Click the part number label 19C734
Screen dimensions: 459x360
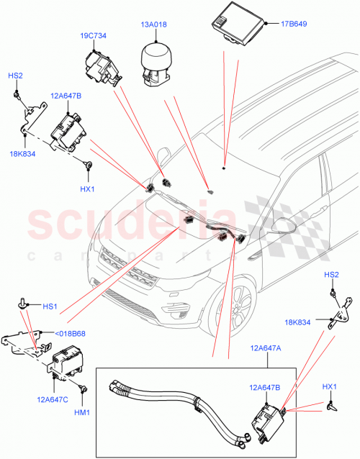[x=94, y=35]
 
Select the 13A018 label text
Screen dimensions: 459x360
[x=153, y=24]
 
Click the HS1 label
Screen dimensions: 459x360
[x=50, y=306]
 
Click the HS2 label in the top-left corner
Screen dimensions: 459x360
[x=15, y=76]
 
